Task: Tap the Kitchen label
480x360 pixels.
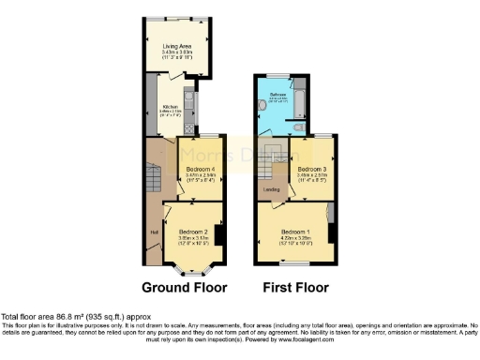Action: [x=170, y=107]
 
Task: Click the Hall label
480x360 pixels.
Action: [x=153, y=231]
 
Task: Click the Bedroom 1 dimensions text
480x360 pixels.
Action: [x=295, y=240]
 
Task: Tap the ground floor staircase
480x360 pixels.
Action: [x=153, y=174]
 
